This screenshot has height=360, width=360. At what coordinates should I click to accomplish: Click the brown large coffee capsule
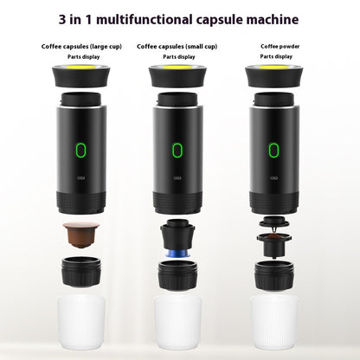pos(81,234)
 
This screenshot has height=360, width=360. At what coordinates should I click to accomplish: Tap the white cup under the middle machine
pos(177,325)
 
